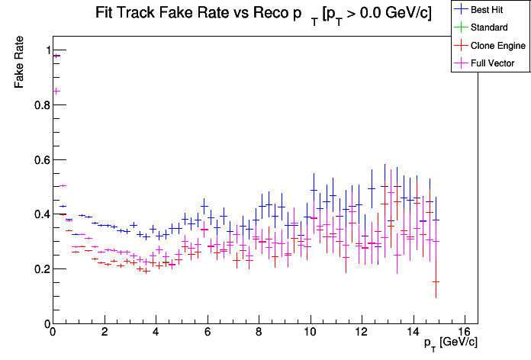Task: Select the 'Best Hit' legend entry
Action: click(488, 10)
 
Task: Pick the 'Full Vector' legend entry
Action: click(493, 63)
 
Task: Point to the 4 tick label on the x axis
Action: click(156, 332)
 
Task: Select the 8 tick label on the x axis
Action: click(259, 332)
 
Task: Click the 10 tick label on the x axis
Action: click(310, 332)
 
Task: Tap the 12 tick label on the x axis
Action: click(362, 332)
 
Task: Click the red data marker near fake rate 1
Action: click(56, 56)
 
